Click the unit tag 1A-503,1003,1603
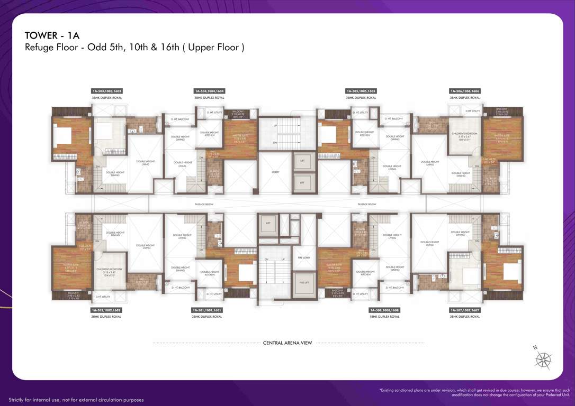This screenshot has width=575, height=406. point(106,91)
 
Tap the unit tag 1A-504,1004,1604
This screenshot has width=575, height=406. point(209,91)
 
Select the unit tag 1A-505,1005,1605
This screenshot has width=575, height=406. point(361,91)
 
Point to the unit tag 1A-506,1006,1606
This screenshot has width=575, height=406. point(465,91)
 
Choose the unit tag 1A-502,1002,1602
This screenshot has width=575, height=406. point(106,310)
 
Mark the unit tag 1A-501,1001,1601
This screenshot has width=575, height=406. point(207,310)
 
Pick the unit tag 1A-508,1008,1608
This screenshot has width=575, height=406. point(384,310)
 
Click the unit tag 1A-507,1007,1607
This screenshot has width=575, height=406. point(465,310)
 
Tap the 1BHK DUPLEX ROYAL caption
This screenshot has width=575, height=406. point(384,317)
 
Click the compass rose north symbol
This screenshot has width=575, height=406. point(543,359)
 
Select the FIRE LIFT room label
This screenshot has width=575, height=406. point(304,282)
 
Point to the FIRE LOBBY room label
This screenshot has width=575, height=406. point(304,257)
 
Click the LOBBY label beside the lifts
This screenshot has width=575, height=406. point(276,172)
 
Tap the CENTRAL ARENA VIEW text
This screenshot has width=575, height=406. point(287,343)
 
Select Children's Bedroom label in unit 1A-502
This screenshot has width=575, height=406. point(109,271)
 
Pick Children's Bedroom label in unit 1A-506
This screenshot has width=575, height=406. point(463,135)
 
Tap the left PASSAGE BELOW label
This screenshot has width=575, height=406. point(203,204)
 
